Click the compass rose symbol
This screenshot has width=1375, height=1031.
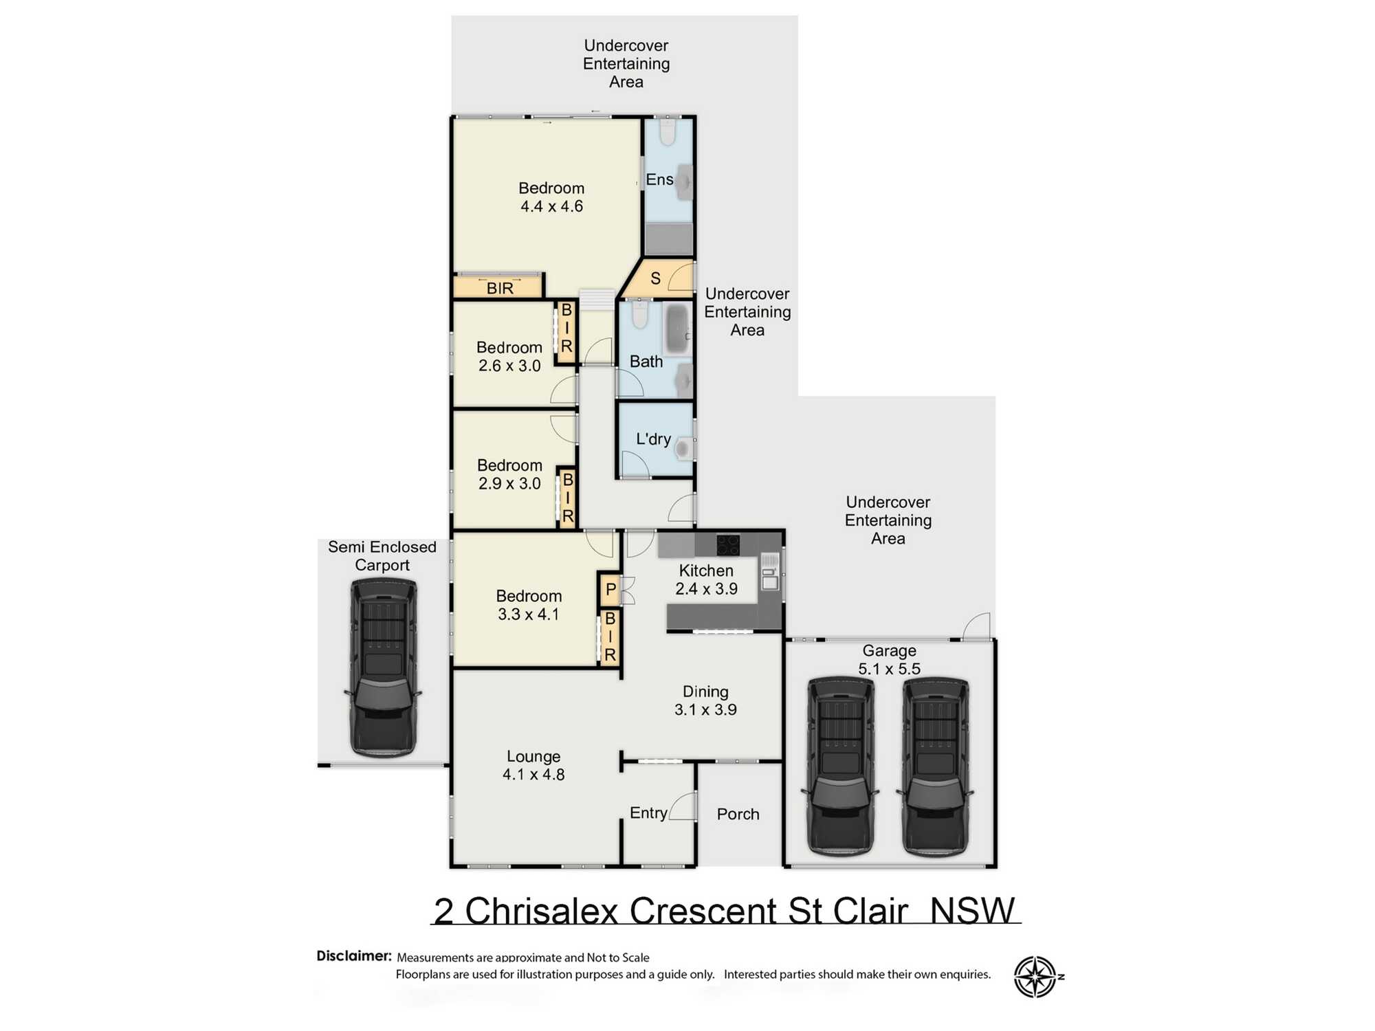[1035, 976]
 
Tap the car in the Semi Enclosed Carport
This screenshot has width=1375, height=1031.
[383, 667]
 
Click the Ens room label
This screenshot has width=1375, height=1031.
[659, 179]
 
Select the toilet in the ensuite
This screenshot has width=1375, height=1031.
[667, 132]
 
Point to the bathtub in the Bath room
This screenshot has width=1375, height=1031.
[677, 329]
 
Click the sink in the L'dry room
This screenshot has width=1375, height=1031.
[683, 449]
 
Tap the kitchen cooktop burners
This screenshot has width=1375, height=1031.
[727, 544]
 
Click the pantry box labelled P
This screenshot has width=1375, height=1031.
[610, 590]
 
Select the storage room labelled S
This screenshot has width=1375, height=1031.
[655, 278]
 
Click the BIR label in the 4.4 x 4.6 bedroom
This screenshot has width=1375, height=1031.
[500, 288]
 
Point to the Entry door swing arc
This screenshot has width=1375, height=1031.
[683, 806]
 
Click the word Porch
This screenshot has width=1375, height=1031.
[738, 814]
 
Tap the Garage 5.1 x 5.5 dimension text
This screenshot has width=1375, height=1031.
[889, 668]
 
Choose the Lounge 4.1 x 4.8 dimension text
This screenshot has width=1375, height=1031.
[533, 775]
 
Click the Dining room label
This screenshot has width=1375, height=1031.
[705, 691]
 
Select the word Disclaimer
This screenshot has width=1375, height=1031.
[353, 955]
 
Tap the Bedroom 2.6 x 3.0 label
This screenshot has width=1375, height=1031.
[509, 356]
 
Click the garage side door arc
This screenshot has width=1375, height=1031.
[977, 627]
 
